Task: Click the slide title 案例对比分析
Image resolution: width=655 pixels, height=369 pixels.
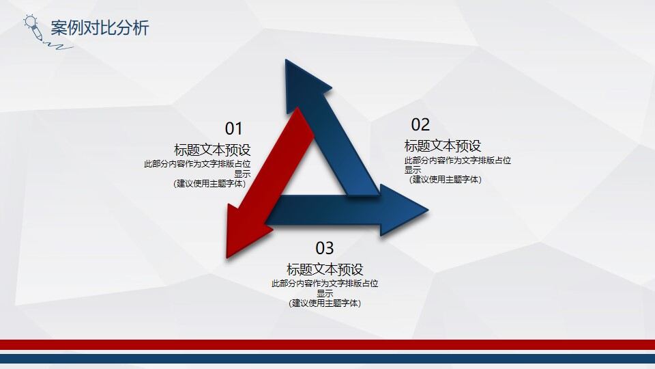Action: [x=100, y=28]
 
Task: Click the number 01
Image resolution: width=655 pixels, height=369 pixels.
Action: [x=234, y=128]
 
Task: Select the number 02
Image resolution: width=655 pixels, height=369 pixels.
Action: [x=420, y=124]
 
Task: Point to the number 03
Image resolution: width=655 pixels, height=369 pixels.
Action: [x=325, y=248]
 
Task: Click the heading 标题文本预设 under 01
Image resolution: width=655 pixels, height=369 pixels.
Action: [x=212, y=150]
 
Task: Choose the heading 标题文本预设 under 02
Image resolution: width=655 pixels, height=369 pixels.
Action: [x=443, y=146]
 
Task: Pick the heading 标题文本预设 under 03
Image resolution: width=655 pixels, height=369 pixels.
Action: [x=325, y=269]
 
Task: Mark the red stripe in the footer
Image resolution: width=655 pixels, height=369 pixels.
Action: [x=327, y=344]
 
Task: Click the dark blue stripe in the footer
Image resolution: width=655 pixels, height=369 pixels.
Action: [x=327, y=358]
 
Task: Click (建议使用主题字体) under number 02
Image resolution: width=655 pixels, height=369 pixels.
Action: [x=446, y=180]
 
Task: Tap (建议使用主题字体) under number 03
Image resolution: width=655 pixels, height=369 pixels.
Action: [x=325, y=303]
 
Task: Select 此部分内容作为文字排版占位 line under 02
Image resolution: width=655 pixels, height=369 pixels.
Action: [x=458, y=161]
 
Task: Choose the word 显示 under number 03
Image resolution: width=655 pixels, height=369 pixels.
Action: [x=325, y=293]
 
